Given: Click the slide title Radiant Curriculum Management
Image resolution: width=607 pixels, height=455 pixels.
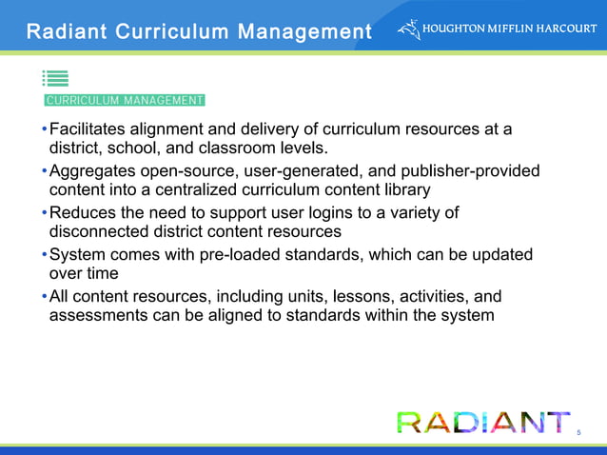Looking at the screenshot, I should [198, 32].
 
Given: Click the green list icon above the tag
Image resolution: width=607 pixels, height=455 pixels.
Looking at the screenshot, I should [55, 80].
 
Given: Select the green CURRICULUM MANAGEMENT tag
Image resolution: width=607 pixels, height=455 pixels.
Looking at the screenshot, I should [125, 100].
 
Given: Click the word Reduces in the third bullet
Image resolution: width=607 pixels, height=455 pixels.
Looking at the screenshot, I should [87, 212].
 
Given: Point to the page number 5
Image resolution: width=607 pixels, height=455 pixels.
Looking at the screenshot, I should [578, 434].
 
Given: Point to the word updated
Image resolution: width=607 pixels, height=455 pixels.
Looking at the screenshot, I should [498, 254].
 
